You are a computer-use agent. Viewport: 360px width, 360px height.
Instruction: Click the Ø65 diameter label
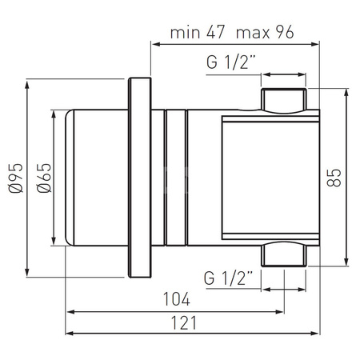[44, 171]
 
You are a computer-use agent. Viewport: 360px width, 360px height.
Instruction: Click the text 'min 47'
[198, 33]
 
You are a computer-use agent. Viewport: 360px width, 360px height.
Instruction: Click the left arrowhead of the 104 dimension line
[70, 311]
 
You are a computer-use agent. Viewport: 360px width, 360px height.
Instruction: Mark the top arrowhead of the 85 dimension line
[346, 90]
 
